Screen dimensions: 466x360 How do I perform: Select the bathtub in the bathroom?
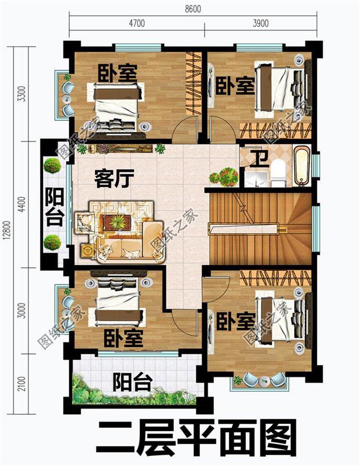301,166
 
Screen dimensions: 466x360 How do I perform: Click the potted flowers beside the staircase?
223,177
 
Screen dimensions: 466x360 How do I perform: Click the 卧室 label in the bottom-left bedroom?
123,338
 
